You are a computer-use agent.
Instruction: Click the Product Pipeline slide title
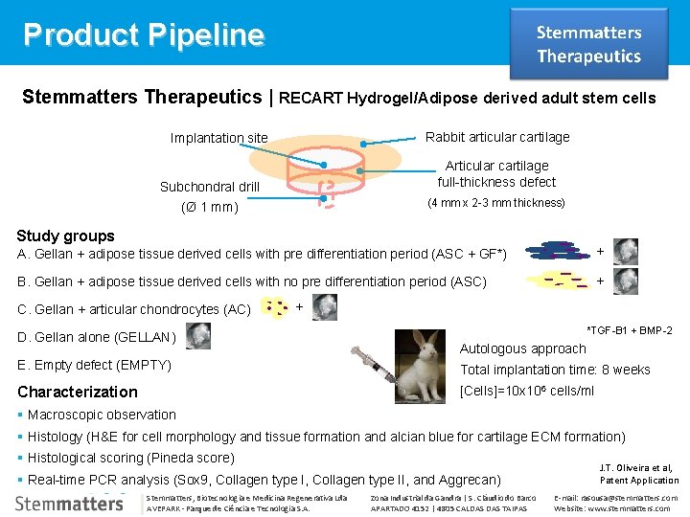click(144, 34)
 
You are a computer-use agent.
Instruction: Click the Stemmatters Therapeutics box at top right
click(588, 44)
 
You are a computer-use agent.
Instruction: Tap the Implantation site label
click(218, 138)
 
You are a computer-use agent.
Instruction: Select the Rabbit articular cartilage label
click(497, 137)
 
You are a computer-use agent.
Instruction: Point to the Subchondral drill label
click(209, 186)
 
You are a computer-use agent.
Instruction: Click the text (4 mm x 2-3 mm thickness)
click(496, 203)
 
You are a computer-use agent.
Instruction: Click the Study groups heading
click(66, 236)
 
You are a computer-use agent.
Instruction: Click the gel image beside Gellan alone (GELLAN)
click(199, 335)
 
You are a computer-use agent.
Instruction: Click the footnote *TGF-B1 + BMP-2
click(629, 330)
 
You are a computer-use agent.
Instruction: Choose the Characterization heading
click(78, 392)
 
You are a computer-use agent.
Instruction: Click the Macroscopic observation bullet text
click(102, 415)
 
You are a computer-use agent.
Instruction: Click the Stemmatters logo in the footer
click(69, 503)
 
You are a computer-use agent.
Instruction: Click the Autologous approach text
click(523, 348)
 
